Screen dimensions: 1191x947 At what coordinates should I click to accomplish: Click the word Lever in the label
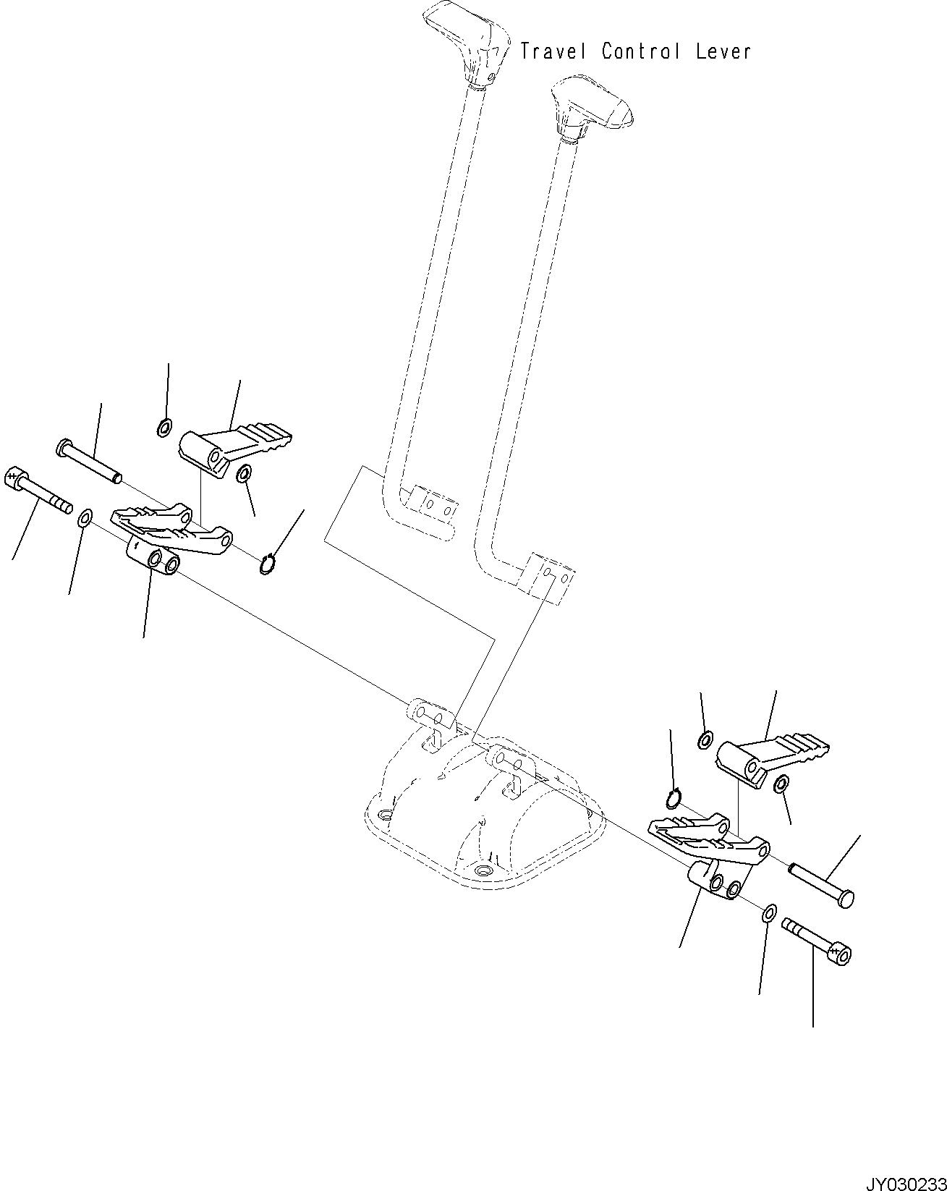723,51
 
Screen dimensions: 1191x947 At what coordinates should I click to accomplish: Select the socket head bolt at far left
36,490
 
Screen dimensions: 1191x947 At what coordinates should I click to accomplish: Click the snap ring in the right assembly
674,798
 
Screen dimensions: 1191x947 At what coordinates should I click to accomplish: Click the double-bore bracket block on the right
713,879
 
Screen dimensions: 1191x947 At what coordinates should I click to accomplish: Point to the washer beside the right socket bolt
770,913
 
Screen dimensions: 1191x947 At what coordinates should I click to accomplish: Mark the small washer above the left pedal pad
164,428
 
